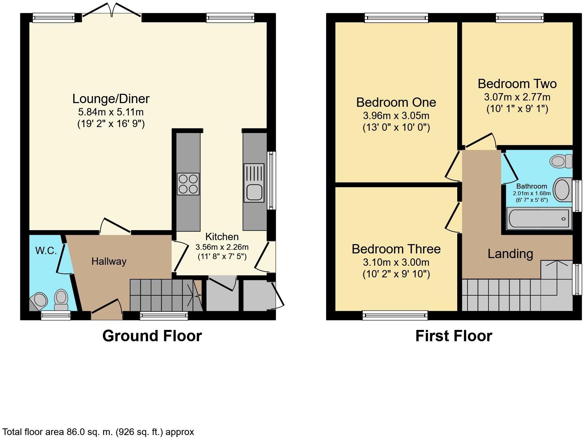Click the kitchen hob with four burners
click(x=188, y=184)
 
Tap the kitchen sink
click(x=254, y=183)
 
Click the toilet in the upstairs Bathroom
click(x=561, y=161)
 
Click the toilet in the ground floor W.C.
click(x=61, y=299)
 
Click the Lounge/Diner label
click(x=111, y=99)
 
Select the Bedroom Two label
click(x=517, y=84)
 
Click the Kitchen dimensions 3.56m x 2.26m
click(x=222, y=247)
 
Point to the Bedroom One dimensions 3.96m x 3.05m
click(x=396, y=116)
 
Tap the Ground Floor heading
click(x=152, y=336)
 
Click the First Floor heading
click(x=454, y=336)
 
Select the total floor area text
click(x=98, y=432)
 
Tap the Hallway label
click(x=109, y=261)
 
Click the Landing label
click(x=510, y=254)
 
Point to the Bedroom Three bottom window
click(x=395, y=315)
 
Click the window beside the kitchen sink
click(x=272, y=181)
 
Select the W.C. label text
click(x=46, y=250)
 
